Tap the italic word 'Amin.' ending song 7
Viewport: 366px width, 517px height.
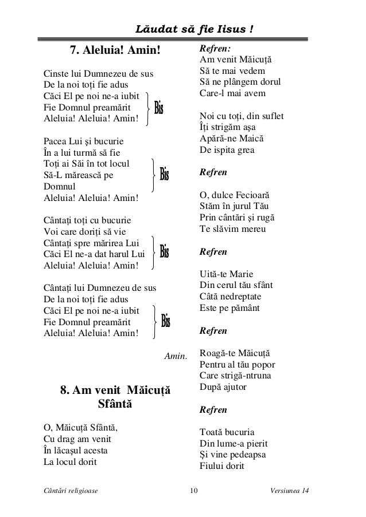tap(176, 357)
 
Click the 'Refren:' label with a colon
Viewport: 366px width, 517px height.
tap(215, 49)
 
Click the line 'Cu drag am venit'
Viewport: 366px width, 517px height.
tap(77, 439)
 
